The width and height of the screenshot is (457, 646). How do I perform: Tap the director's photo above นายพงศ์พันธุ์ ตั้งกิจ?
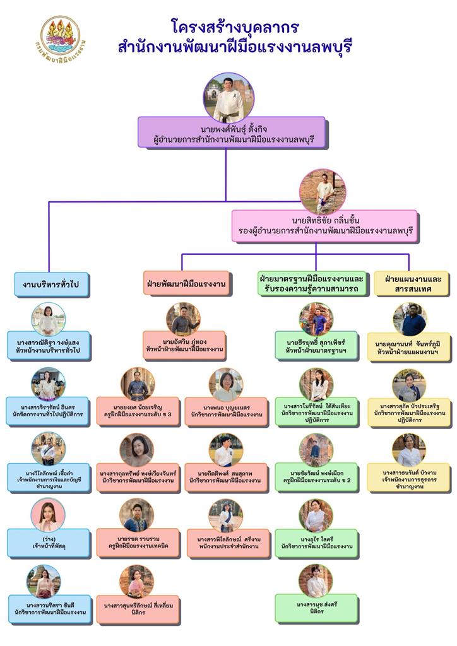click(x=228, y=97)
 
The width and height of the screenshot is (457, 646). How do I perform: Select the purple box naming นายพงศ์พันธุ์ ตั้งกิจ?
click(x=231, y=133)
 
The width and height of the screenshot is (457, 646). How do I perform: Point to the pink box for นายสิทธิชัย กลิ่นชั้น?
click(x=324, y=226)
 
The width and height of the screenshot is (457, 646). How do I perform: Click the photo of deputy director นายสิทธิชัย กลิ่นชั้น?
click(x=323, y=191)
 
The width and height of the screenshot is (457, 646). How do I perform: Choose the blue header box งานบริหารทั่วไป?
click(x=52, y=285)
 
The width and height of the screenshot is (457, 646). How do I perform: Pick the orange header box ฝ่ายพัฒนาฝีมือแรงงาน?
click(x=186, y=283)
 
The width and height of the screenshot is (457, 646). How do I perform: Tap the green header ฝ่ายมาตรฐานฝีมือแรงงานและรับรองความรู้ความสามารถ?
click(x=311, y=283)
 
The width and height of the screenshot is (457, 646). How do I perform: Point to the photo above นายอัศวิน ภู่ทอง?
click(x=183, y=319)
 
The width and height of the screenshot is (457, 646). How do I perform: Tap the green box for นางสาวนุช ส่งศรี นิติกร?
click(x=316, y=609)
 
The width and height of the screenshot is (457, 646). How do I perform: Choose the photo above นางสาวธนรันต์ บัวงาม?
click(x=409, y=449)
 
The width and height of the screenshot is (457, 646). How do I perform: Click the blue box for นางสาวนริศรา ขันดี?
click(x=49, y=609)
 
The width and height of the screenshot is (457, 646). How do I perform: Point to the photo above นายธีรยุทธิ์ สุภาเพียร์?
click(x=316, y=319)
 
